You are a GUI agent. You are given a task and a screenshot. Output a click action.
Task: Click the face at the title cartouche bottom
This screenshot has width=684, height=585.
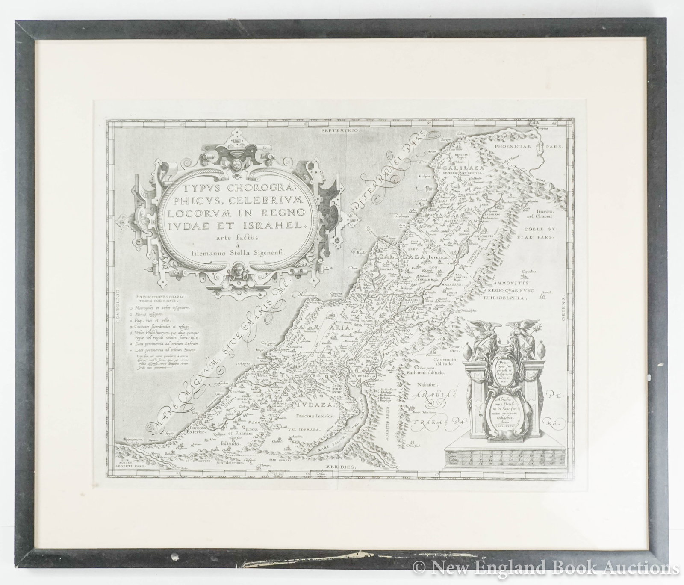235,271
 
